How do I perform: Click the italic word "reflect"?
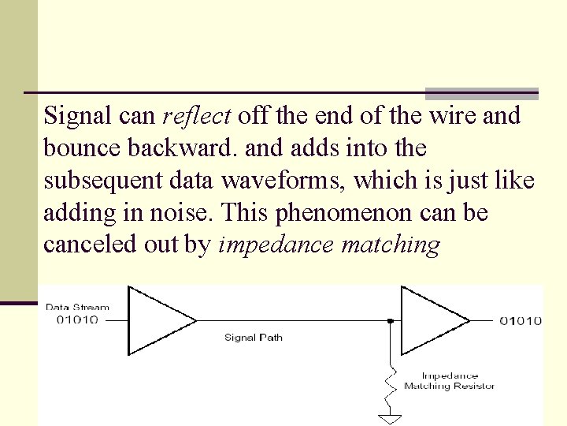[x=196, y=116]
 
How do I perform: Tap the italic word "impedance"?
[x=276, y=245]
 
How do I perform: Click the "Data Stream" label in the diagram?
[x=77, y=308]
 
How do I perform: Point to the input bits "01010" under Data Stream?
[x=77, y=319]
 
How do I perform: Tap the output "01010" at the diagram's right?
[x=521, y=320]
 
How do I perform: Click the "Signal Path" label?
[x=254, y=338]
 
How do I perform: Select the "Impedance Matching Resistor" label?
[x=450, y=381]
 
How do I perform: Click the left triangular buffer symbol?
[x=158, y=320]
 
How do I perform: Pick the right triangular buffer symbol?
[x=432, y=320]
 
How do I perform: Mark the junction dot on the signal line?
[x=391, y=321]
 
